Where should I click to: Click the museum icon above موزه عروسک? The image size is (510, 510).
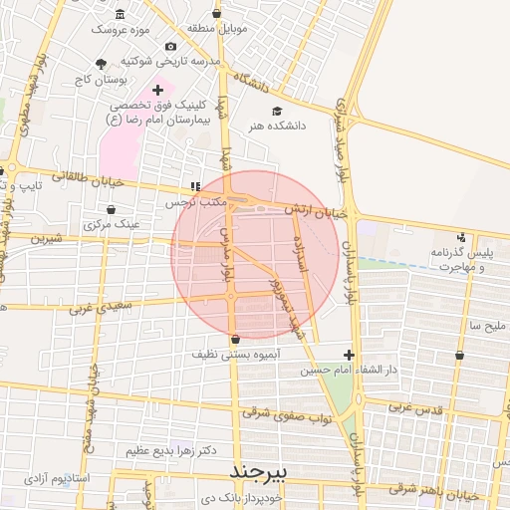(x=121, y=14)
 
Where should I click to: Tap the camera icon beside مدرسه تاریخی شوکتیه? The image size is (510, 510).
(x=171, y=47)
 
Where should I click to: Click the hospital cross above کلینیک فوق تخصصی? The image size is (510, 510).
(x=157, y=90)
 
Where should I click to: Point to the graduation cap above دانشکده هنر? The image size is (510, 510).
(x=276, y=111)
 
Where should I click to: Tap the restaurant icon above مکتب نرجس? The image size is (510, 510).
(x=195, y=186)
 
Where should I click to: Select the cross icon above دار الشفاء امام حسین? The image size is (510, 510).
(x=348, y=355)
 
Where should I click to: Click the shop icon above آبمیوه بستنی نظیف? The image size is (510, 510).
(x=235, y=339)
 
